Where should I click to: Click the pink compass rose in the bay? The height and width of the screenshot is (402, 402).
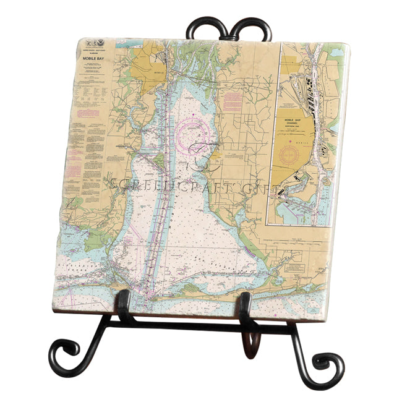(198, 130)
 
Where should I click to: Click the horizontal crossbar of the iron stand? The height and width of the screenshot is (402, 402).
(186, 322)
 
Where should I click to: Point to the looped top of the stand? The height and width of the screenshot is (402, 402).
(231, 28)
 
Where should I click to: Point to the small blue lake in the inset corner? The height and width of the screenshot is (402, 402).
(338, 53)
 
